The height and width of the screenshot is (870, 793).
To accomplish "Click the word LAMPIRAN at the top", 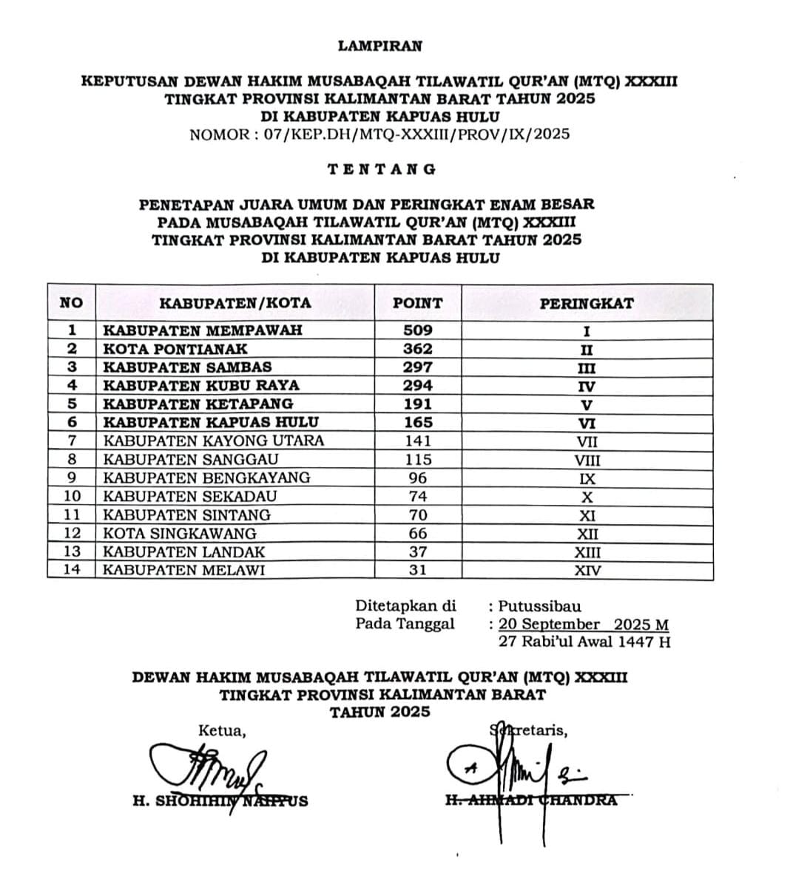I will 379,46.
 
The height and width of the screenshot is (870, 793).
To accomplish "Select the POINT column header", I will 417,303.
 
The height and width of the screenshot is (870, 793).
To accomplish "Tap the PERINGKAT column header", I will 586,303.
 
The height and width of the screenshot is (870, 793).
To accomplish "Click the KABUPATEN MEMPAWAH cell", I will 203,330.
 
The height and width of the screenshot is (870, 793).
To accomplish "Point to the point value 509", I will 417,330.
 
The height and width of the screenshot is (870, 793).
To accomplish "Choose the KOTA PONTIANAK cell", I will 175,349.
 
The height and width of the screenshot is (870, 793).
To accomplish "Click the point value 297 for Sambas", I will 417,367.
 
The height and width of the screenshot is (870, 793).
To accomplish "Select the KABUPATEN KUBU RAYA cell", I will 201,386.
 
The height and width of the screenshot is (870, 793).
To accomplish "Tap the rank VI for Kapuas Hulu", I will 587,424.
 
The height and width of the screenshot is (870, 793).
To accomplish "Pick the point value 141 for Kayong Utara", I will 417,441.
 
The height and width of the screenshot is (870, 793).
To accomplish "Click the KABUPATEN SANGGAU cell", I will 191,460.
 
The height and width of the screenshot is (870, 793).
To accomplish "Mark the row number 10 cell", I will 71,497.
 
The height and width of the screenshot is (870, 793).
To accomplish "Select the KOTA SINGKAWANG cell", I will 180,534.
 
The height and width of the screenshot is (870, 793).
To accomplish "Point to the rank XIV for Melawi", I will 587,571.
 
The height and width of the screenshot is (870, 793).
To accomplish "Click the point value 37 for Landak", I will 417,552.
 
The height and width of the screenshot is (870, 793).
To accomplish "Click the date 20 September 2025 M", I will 584,625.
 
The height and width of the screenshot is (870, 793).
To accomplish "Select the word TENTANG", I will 382,169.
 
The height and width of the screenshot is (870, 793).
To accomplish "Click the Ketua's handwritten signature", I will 207,769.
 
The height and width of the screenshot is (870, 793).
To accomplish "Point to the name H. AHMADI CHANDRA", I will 531,801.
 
